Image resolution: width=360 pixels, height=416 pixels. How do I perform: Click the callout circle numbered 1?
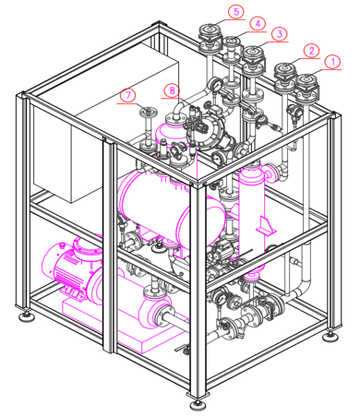click(x=332, y=62)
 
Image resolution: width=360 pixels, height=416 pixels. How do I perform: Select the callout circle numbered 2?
click(x=311, y=51)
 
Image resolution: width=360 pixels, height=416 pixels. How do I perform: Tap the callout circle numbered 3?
click(x=280, y=34)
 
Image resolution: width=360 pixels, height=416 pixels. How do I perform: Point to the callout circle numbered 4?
click(x=258, y=23)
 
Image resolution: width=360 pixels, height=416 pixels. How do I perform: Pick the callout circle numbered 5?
click(x=236, y=12)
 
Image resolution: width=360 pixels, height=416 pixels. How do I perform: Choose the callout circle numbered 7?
click(x=128, y=96)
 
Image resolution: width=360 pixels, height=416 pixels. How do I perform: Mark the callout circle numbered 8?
click(x=172, y=90)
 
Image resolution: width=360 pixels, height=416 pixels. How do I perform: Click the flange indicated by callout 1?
click(x=306, y=80)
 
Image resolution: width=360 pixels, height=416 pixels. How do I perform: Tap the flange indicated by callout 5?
click(x=210, y=30)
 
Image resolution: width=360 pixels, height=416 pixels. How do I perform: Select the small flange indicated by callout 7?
click(x=148, y=111)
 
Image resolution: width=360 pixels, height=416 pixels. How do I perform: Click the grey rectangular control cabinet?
click(x=106, y=123)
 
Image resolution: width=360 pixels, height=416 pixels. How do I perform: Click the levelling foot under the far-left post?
click(x=27, y=316)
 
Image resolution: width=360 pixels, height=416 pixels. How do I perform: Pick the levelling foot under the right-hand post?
click(x=330, y=336)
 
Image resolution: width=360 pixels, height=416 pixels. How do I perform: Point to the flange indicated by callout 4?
click(x=232, y=41)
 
